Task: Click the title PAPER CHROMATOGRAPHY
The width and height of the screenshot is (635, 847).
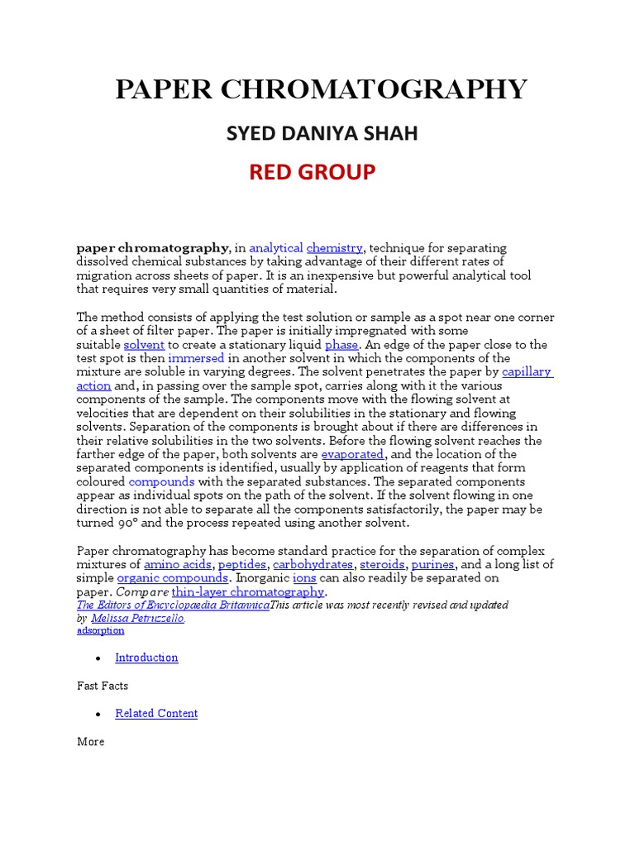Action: click(321, 89)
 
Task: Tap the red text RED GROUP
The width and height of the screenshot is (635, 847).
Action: click(312, 172)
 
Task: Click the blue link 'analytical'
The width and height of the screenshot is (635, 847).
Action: click(275, 248)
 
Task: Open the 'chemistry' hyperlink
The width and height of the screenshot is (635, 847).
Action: click(334, 248)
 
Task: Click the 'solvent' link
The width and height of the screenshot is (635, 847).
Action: click(144, 344)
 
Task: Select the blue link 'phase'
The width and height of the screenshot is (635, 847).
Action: click(341, 344)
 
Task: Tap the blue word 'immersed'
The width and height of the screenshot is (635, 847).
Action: click(196, 358)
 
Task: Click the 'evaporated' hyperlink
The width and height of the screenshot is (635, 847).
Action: click(352, 454)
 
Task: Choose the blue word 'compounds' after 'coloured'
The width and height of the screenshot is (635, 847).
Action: click(161, 481)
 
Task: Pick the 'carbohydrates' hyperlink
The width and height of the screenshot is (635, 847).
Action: click(313, 564)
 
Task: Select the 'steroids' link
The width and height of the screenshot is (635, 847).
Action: click(382, 564)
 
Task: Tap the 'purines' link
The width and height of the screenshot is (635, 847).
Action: click(432, 564)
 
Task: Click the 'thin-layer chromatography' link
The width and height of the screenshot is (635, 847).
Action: click(248, 592)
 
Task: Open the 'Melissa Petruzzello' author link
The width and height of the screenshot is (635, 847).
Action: click(137, 618)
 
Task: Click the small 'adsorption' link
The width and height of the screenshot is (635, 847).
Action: click(100, 630)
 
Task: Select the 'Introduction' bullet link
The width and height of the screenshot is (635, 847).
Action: click(146, 658)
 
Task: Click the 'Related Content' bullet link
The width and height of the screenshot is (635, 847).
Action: click(156, 713)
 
